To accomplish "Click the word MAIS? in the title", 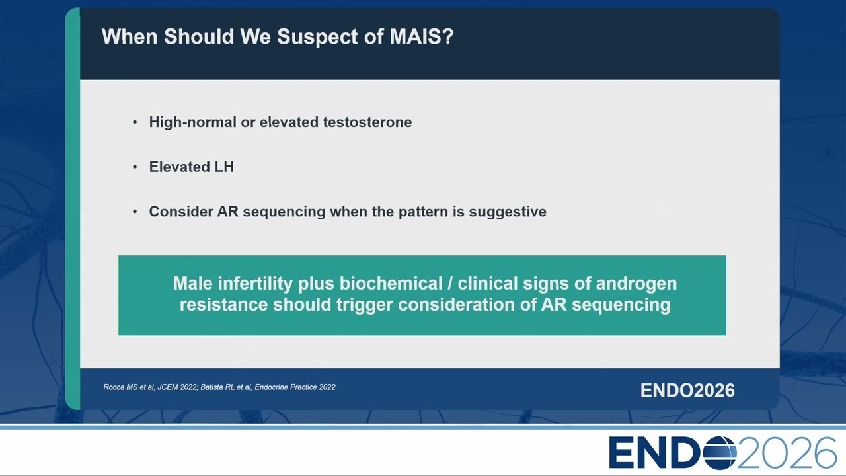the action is coord(422,36).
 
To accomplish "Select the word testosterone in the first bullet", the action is coord(367,122).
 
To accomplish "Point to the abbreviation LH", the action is coord(224,167).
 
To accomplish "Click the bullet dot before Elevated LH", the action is coord(135,167).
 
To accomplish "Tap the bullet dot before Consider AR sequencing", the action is coord(135,212).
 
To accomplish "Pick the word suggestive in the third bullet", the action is coord(508,212).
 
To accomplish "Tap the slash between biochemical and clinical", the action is coord(450,284).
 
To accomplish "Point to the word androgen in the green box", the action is coord(636,284).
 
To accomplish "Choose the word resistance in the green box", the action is coord(223,305).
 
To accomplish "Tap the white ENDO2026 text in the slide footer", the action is coord(687,391).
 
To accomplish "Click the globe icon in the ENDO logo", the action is coord(720,453).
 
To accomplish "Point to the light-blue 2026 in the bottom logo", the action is coord(787,453).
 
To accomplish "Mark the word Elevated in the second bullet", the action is coord(179,167).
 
